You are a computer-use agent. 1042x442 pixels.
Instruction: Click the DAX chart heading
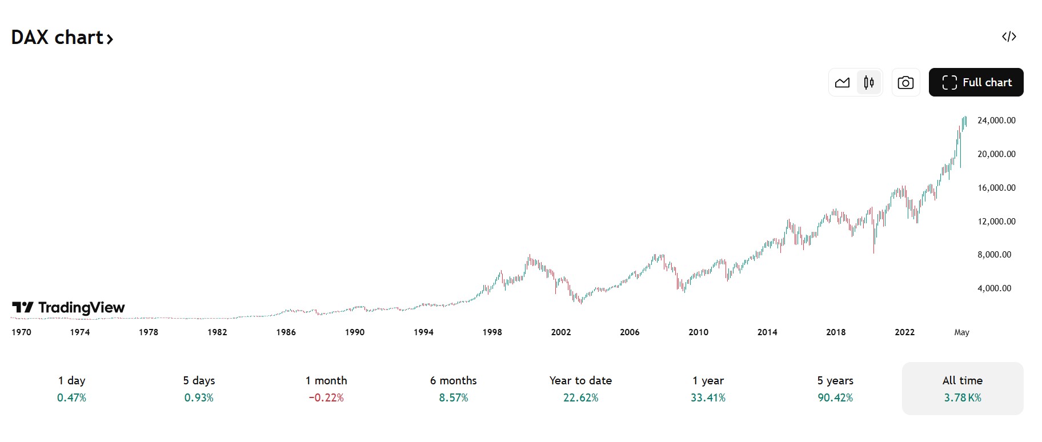click(62, 38)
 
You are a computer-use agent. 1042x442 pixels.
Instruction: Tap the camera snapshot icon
click(905, 83)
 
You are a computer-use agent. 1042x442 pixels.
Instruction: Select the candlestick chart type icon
click(869, 83)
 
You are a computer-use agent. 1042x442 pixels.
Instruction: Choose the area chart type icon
click(842, 83)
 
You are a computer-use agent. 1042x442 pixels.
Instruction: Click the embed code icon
click(1009, 37)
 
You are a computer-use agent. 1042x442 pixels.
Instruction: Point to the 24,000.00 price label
click(996, 120)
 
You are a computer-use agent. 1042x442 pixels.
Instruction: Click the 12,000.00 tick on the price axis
click(996, 222)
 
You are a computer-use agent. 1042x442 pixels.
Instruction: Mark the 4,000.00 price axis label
click(994, 288)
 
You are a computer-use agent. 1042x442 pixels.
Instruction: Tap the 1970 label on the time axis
click(22, 332)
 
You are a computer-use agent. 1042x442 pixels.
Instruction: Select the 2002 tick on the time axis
click(561, 332)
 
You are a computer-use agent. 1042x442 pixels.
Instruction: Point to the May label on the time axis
click(961, 332)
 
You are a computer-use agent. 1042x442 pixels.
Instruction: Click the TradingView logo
click(69, 308)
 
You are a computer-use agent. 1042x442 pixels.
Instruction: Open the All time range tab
click(963, 388)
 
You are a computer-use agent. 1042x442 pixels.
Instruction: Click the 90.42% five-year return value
click(835, 398)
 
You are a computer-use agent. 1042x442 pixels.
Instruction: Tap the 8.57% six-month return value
click(454, 398)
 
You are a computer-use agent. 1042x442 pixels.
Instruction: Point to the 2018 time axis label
click(836, 332)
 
